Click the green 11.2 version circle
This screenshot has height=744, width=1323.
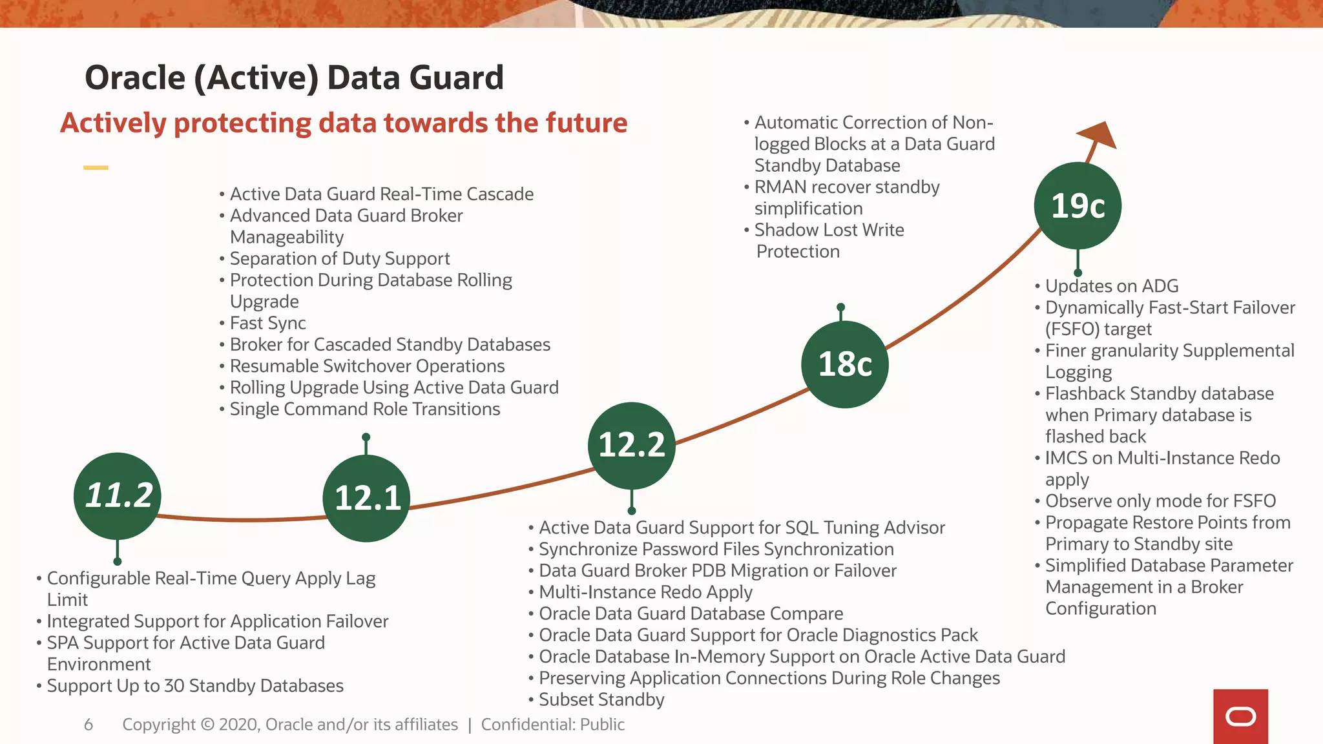coord(118,495)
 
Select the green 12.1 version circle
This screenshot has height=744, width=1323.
coord(366,498)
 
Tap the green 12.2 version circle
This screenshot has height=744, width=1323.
coord(631,446)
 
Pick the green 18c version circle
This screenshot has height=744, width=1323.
coord(844,364)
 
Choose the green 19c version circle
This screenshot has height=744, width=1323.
coord(1077,205)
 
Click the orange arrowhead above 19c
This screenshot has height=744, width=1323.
coord(1099,135)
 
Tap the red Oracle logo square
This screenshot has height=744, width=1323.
coord(1240,716)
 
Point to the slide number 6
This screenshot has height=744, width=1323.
coord(89,725)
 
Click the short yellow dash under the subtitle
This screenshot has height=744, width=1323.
coord(96,168)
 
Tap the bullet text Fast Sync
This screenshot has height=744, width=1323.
coord(267,323)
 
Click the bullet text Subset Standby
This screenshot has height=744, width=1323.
coord(601,699)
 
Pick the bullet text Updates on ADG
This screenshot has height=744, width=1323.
coord(1111,286)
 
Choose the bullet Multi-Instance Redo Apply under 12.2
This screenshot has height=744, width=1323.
coord(645,592)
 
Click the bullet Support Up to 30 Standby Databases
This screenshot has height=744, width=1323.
coord(195,686)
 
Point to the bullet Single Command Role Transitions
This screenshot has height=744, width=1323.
coord(364,409)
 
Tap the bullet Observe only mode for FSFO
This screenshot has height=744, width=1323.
coord(1160,501)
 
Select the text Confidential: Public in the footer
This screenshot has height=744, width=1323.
coord(552,725)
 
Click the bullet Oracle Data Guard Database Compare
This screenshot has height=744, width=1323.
coord(691,614)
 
